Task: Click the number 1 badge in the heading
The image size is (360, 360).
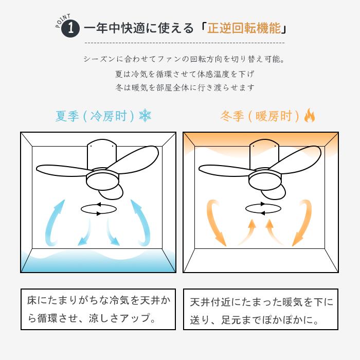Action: click(x=70, y=29)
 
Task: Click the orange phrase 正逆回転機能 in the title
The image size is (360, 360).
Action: click(x=244, y=28)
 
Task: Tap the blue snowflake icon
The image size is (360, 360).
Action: click(x=145, y=116)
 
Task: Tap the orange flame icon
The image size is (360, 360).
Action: click(x=309, y=115)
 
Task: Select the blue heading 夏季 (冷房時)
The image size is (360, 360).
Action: click(x=95, y=116)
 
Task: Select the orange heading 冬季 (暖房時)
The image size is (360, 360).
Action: click(x=260, y=116)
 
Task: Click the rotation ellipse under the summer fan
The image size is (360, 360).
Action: click(x=99, y=209)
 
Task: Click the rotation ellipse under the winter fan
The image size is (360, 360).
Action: click(x=263, y=209)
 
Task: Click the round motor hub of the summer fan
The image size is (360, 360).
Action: click(x=103, y=179)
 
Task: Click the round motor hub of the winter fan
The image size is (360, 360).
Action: click(x=265, y=179)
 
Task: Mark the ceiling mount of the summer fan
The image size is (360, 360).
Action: click(x=102, y=154)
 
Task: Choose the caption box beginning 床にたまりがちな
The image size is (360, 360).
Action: click(x=98, y=309)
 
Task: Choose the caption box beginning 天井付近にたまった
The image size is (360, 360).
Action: click(x=261, y=309)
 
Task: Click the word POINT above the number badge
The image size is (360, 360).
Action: click(x=63, y=21)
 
